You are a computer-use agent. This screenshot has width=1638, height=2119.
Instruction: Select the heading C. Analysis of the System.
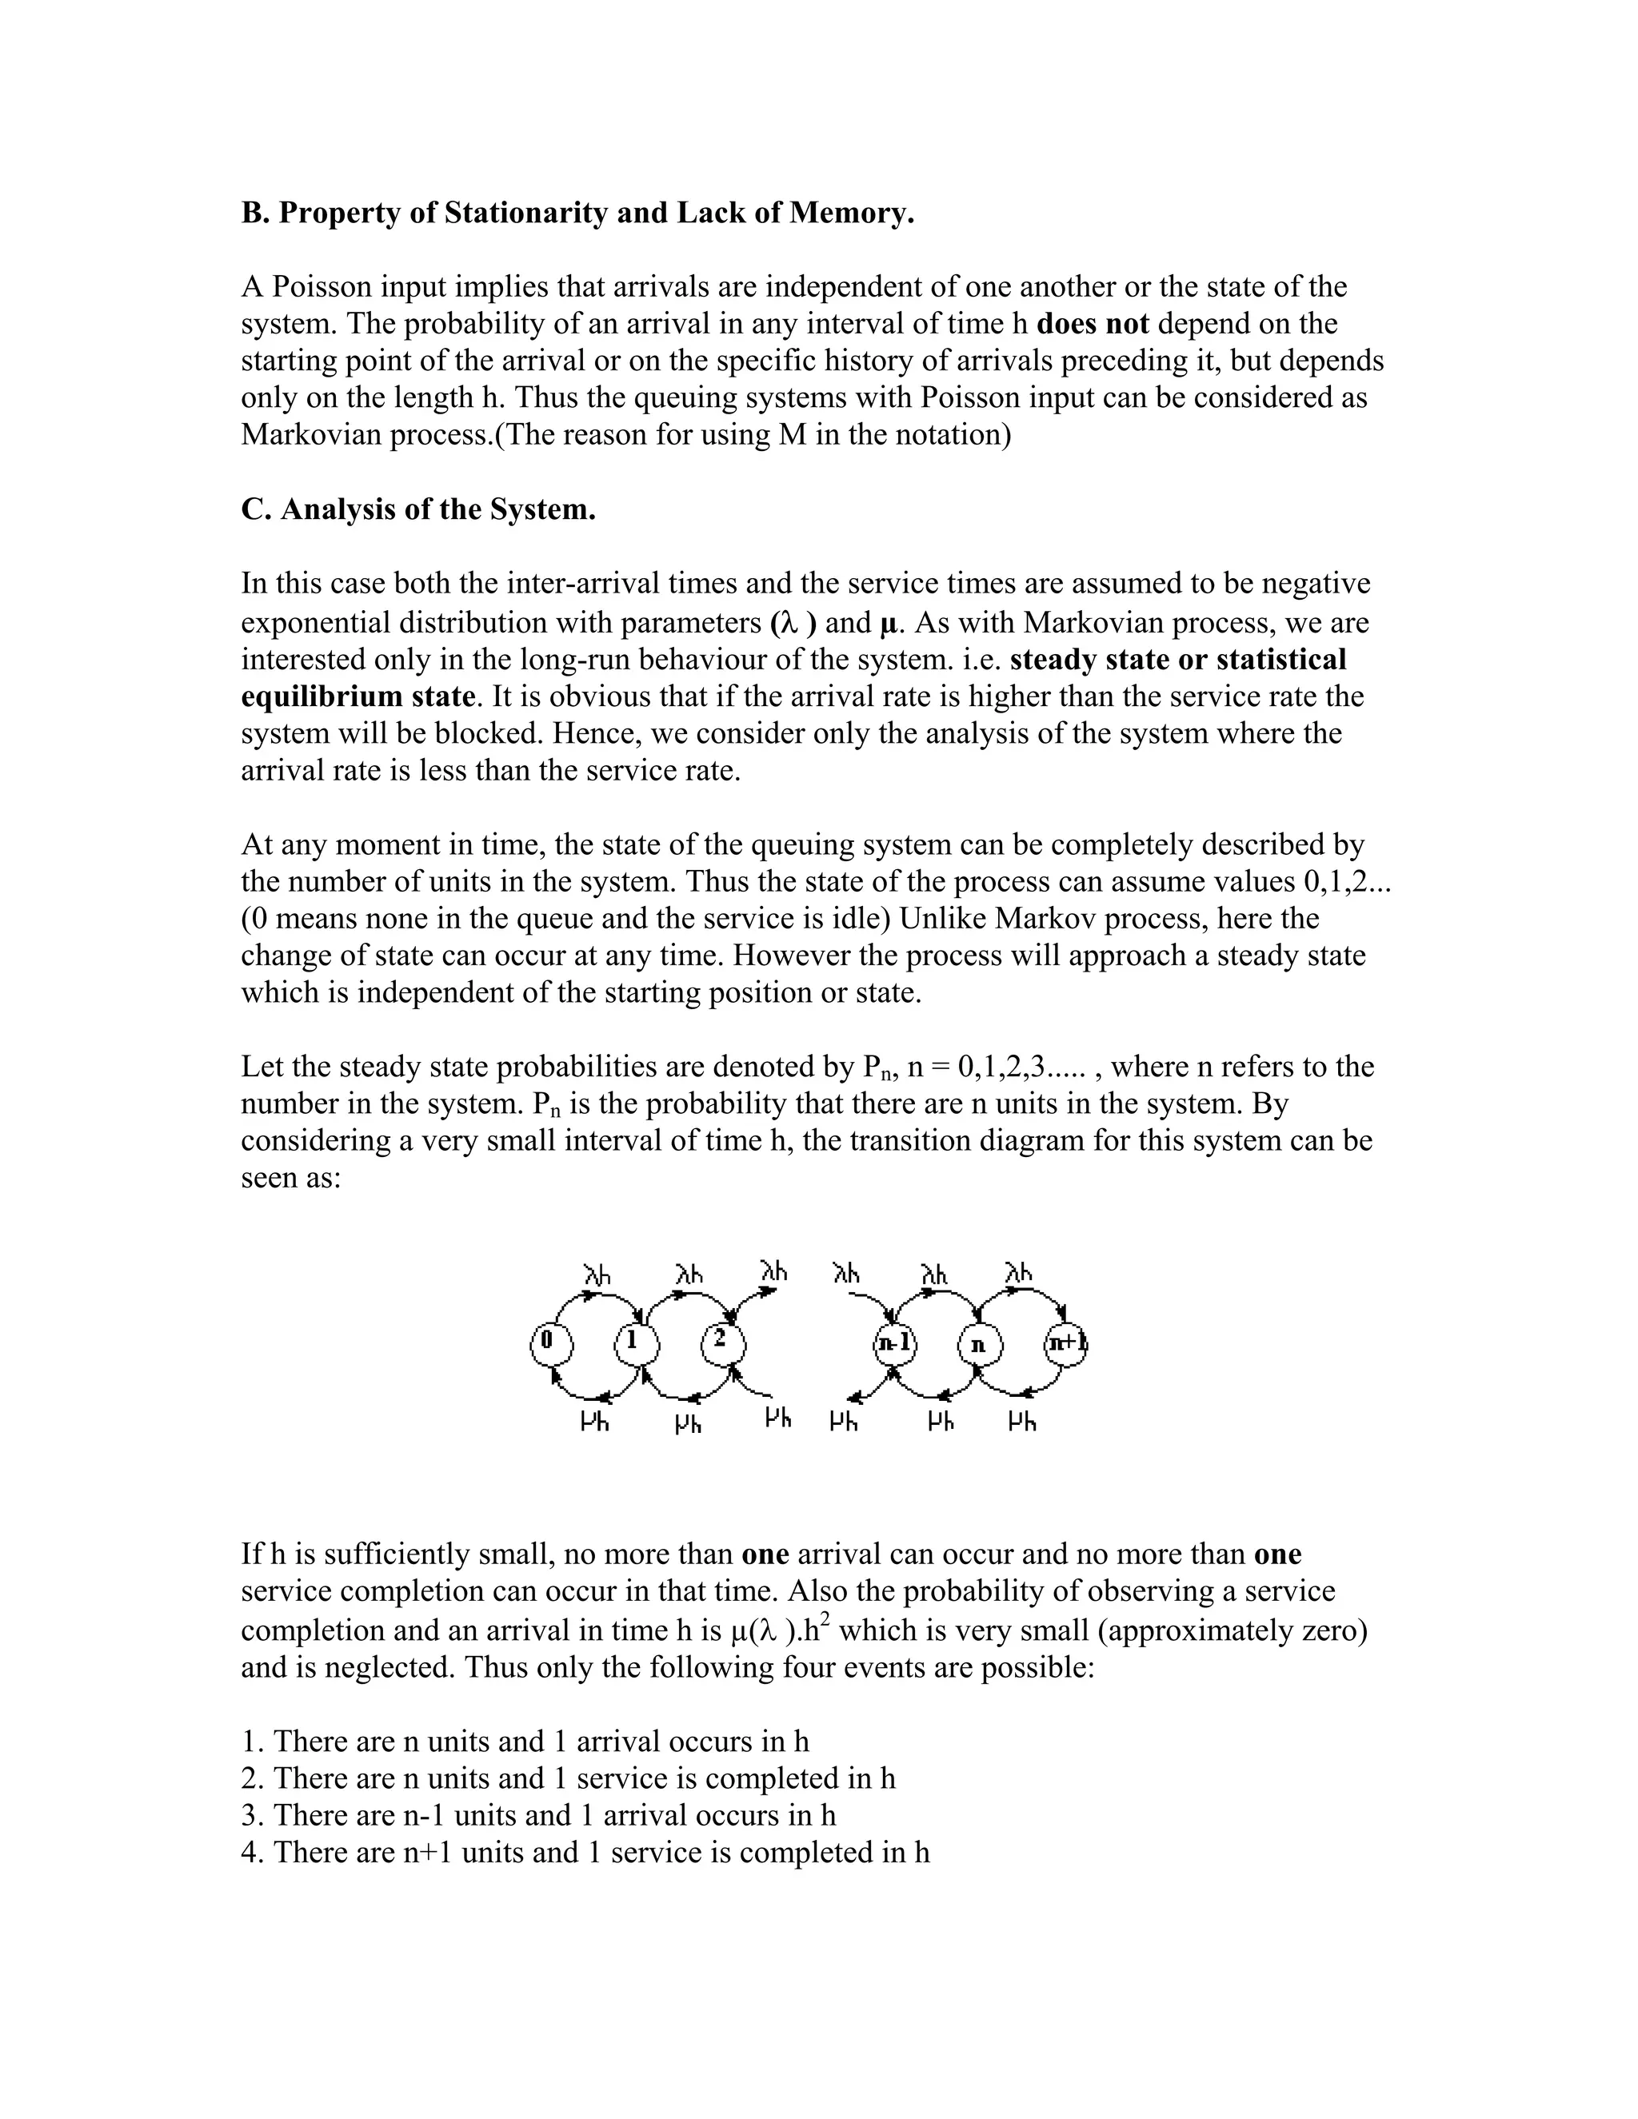point(418,509)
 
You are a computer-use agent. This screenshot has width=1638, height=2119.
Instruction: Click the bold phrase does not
point(1093,324)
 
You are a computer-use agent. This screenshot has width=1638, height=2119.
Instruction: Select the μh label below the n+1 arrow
point(1022,1423)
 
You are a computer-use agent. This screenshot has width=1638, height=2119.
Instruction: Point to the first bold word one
point(765,1554)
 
